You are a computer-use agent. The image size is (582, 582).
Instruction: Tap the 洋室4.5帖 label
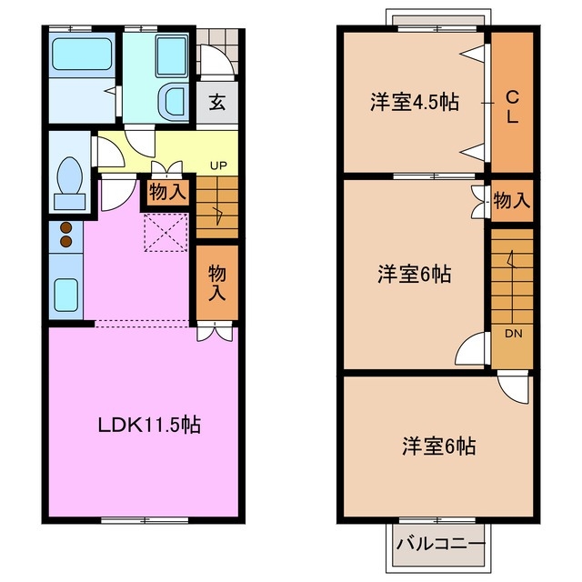pos(413,102)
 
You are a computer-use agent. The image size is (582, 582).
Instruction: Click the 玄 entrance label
pos(217,102)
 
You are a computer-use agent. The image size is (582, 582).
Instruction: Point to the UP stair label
pos(218,166)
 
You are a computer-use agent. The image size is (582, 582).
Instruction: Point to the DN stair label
pos(513,333)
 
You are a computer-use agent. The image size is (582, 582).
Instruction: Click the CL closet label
pos(512,105)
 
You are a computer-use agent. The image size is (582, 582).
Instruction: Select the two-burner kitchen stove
pos(65,236)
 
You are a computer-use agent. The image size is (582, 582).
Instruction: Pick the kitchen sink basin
pos(65,293)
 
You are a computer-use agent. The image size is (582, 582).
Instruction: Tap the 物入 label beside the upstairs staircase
pos(511,200)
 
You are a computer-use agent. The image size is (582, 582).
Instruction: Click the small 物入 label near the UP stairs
pos(167,192)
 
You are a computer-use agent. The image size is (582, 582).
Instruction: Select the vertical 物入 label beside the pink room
pos(216,282)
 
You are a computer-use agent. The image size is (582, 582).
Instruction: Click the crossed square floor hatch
pos(167,231)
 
